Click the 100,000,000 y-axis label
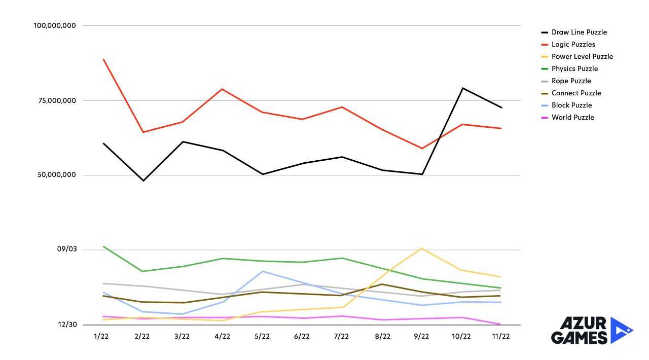click(55, 26)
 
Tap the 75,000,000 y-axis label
click(57, 101)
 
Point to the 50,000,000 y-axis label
click(57, 175)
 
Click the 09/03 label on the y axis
click(67, 249)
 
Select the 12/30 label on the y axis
click(67, 325)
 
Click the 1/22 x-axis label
click(101, 336)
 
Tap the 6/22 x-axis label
click(302, 336)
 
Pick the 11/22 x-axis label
click(501, 336)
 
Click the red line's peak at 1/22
click(103, 59)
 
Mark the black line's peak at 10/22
click(462, 88)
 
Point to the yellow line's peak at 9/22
click(422, 248)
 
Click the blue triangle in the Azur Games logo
click(620, 330)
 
